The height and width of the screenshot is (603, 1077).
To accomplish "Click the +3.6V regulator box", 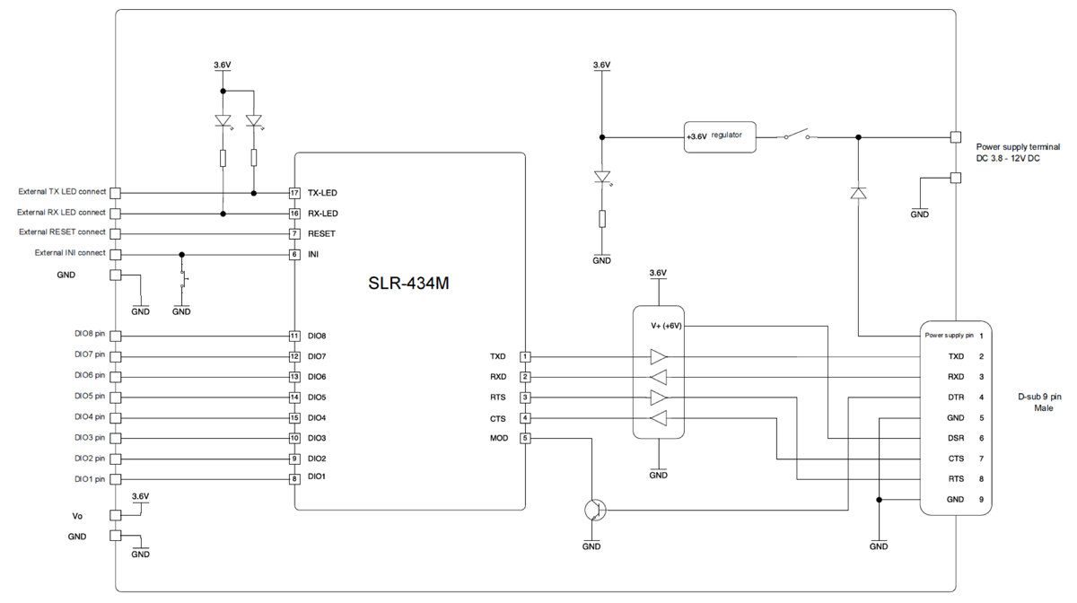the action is tap(720, 137).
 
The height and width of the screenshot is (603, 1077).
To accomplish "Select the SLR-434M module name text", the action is tap(408, 283).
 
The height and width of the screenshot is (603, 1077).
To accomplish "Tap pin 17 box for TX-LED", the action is tap(294, 193).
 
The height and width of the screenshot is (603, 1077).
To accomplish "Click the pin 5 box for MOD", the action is tap(525, 438).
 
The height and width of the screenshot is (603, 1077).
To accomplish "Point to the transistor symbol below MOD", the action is tap(595, 510).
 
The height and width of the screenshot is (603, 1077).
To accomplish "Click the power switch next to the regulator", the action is tap(797, 134).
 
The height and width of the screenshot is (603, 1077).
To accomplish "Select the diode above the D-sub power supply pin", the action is tap(858, 193).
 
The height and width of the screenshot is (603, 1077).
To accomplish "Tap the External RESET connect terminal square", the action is tap(116, 233).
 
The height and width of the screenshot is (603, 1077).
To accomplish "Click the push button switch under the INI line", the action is tap(183, 279).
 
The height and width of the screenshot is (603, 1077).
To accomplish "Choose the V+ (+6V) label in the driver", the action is tap(666, 326).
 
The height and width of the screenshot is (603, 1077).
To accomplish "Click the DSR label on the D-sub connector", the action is tap(956, 438).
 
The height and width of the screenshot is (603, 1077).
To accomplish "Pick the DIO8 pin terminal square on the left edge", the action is tap(116, 336).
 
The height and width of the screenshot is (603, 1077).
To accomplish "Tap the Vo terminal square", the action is tap(116, 515).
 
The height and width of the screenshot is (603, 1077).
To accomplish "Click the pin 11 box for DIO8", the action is tap(294, 336).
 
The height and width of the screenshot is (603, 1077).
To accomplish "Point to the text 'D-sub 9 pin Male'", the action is tap(1040, 403).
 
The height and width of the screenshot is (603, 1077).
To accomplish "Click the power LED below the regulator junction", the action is tap(602, 177).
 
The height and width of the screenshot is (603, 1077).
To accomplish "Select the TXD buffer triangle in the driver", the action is tap(658, 357).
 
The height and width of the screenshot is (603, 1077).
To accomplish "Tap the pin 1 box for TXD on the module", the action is tap(525, 356).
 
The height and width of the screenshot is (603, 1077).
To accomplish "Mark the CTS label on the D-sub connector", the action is tap(956, 459).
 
